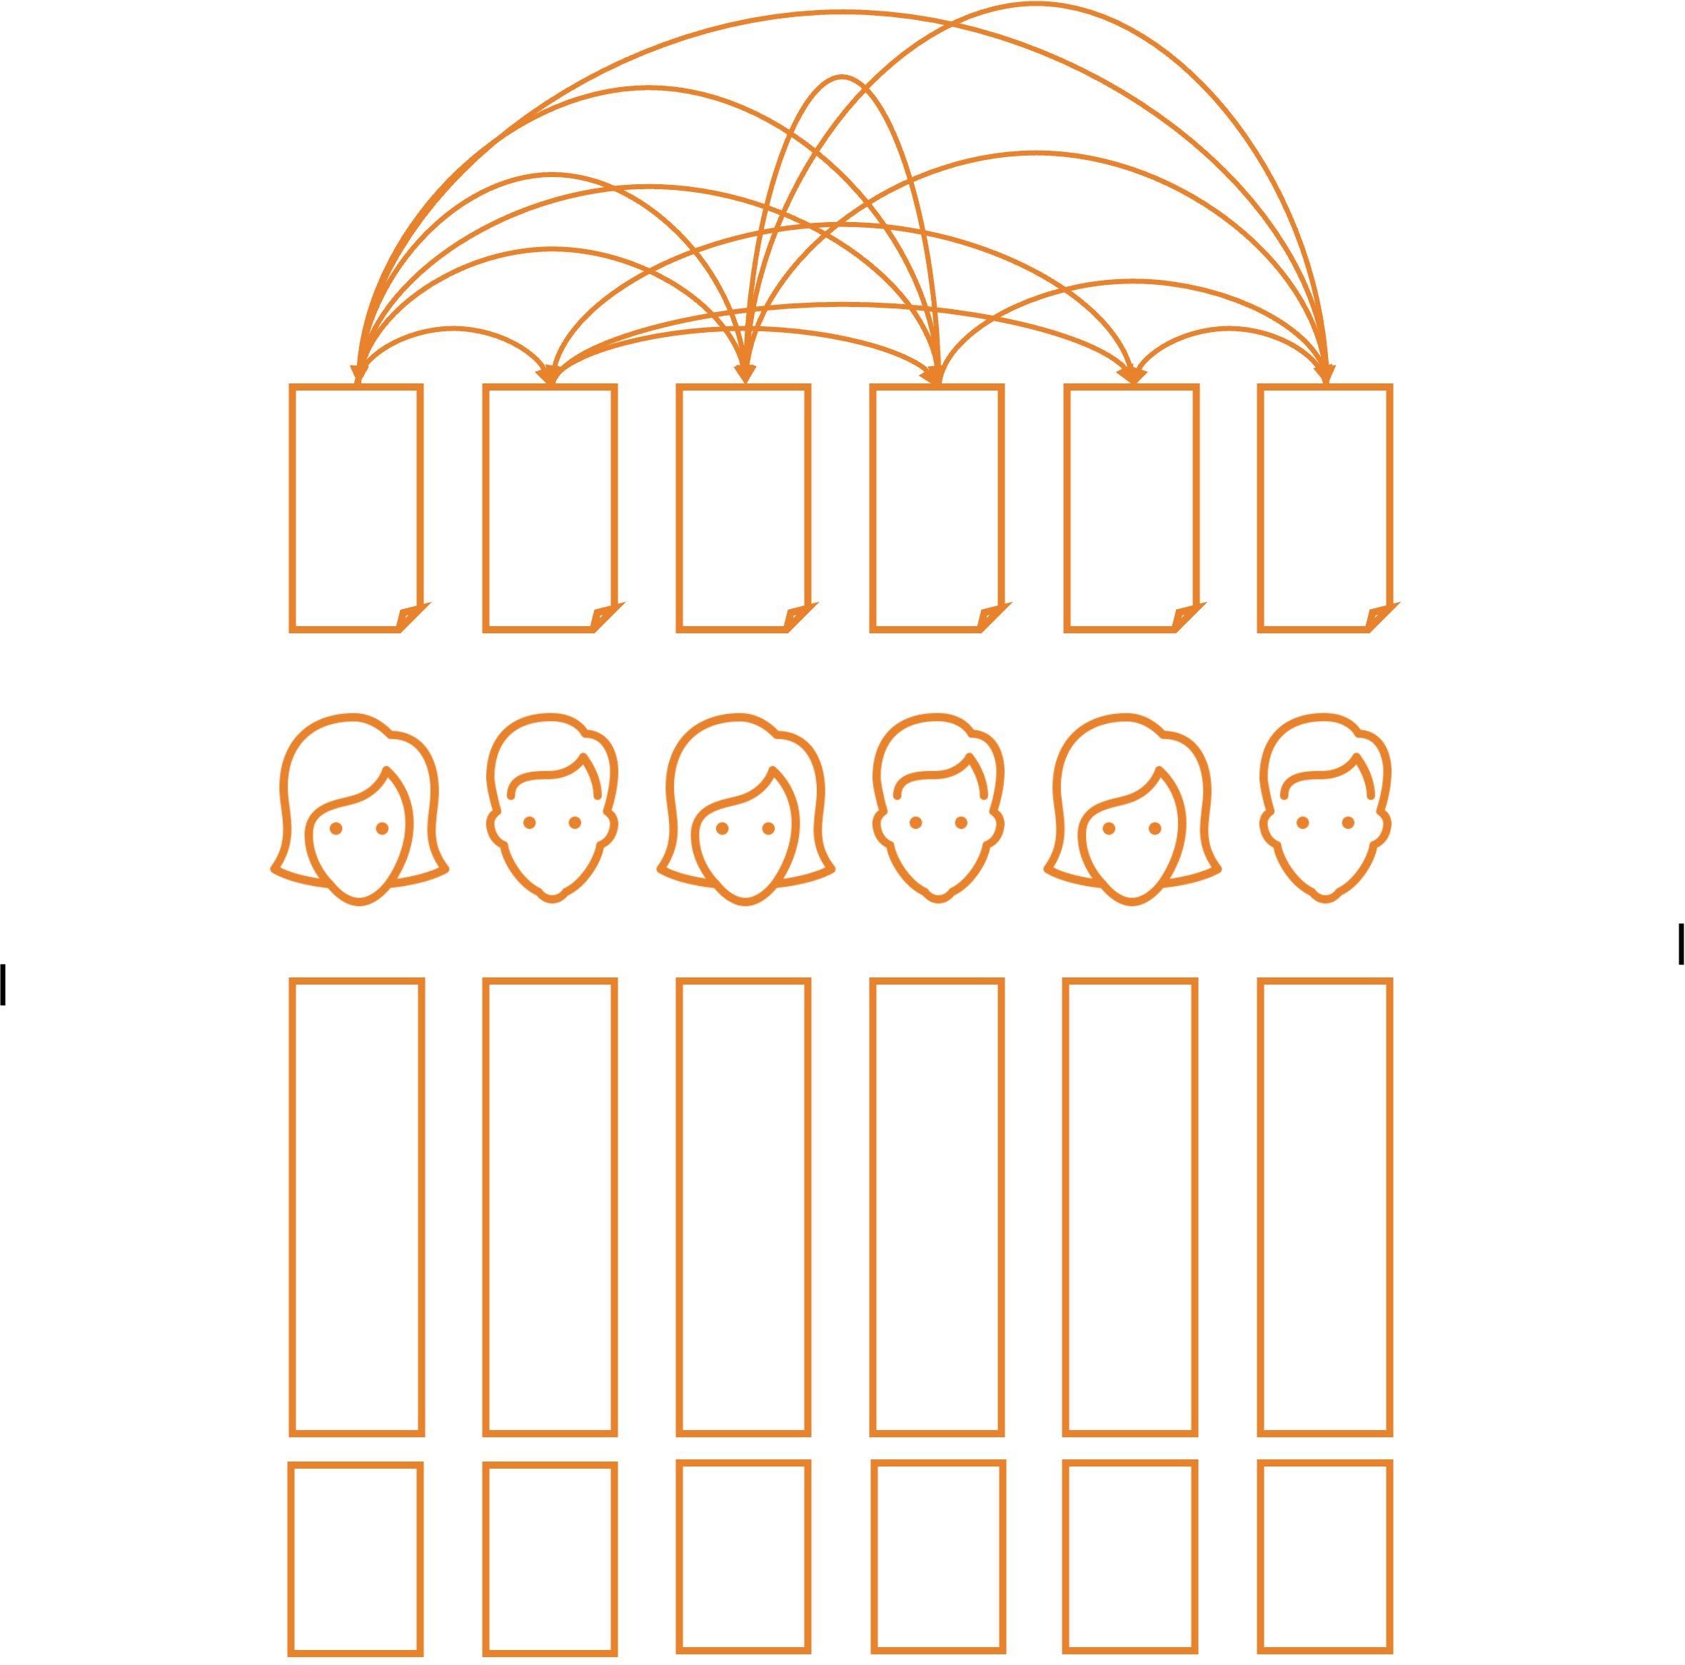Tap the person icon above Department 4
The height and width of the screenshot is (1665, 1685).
pyautogui.click(x=937, y=808)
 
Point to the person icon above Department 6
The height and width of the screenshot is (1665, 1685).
pyautogui.click(x=1325, y=808)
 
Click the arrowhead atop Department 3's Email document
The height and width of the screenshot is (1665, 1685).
pyautogui.click(x=745, y=373)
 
